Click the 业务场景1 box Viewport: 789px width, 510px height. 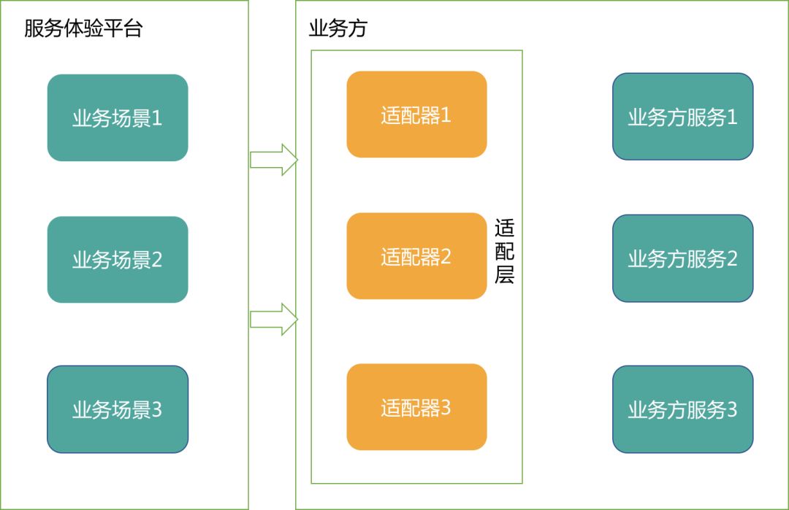click(x=118, y=117)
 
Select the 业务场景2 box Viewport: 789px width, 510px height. click(x=118, y=259)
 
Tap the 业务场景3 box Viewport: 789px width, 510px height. click(x=118, y=409)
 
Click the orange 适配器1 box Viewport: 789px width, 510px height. click(x=416, y=115)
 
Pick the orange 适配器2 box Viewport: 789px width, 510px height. click(x=416, y=256)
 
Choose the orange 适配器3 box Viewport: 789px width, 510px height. click(x=416, y=407)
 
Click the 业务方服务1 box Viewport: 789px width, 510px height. click(x=682, y=117)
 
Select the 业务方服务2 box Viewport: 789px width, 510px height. click(x=682, y=258)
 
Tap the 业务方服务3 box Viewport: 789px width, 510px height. click(x=682, y=409)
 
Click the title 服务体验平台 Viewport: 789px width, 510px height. click(x=83, y=29)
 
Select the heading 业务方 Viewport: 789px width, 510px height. click(x=338, y=29)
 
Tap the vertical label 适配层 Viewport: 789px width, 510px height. click(x=505, y=252)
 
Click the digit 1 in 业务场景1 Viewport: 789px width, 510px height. click(x=157, y=118)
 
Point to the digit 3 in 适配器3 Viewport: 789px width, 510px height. click(x=446, y=407)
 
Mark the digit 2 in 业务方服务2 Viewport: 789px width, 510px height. click(x=731, y=258)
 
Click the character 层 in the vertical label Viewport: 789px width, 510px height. click(x=505, y=275)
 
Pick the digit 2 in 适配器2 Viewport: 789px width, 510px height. click(x=446, y=256)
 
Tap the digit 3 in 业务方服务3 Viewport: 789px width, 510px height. click(x=731, y=409)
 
